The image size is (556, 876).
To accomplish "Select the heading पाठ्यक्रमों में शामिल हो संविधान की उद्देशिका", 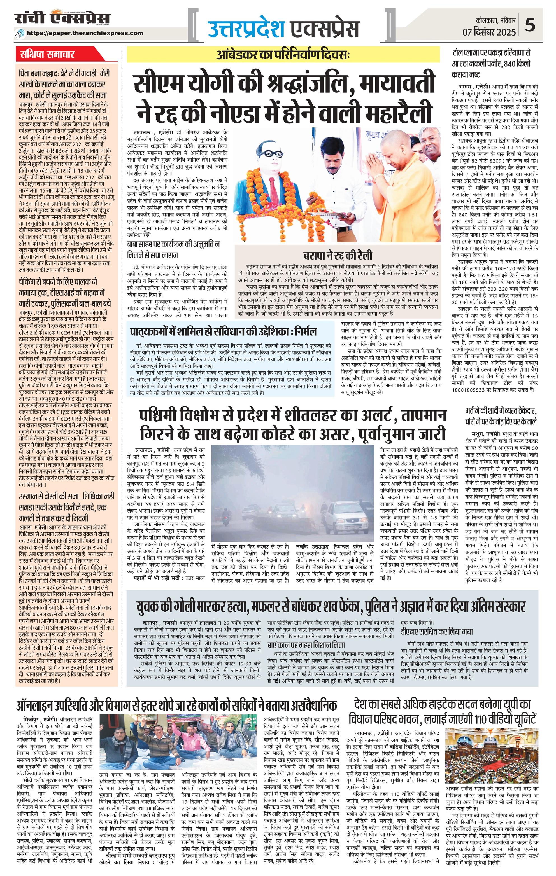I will click(x=224, y=332).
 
